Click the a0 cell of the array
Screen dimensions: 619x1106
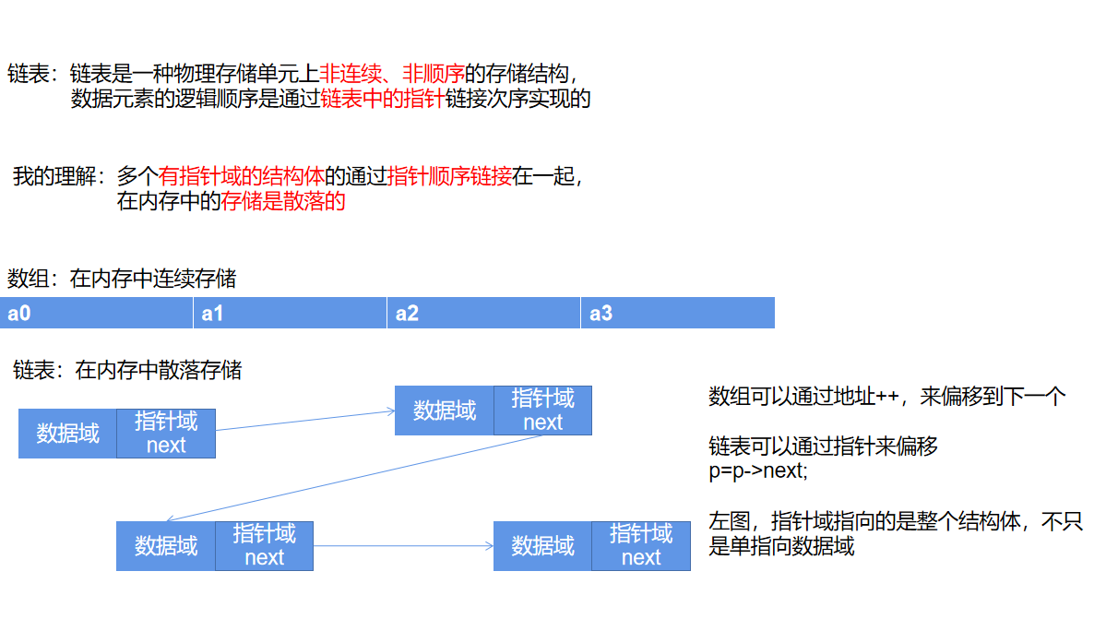(x=97, y=314)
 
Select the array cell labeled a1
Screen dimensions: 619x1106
(x=290, y=314)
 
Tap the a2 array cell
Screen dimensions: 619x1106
(x=483, y=314)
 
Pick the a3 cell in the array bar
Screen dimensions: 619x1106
(x=677, y=314)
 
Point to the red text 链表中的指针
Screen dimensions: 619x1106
(x=382, y=100)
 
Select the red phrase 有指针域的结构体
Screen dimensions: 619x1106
(x=242, y=176)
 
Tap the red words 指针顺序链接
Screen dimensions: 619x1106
(x=450, y=176)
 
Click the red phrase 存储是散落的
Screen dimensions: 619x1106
(x=283, y=201)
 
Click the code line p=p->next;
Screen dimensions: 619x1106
(x=757, y=470)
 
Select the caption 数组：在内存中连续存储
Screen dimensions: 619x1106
(x=122, y=278)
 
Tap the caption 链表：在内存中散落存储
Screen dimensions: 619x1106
(x=127, y=371)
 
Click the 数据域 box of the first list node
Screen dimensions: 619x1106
(x=67, y=434)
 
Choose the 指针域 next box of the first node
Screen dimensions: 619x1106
(x=166, y=434)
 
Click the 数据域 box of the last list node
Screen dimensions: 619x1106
(x=542, y=546)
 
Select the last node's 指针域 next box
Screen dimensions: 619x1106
(x=641, y=546)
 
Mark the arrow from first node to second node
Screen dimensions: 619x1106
(x=305, y=421)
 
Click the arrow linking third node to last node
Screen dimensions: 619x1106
(x=403, y=546)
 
